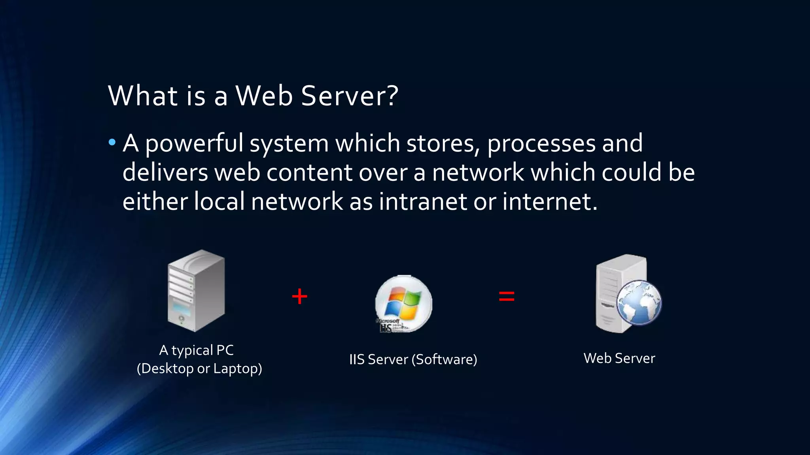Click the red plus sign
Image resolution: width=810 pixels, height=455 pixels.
click(x=299, y=296)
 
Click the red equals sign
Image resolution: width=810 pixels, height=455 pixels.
click(x=507, y=296)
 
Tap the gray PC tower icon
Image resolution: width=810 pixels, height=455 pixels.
click(x=196, y=291)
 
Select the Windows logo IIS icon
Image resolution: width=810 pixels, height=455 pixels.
click(x=403, y=303)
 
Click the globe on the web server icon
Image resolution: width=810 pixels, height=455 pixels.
click(x=639, y=302)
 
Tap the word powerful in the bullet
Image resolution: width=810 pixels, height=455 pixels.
click(x=194, y=143)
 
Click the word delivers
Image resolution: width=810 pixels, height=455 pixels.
click(x=165, y=173)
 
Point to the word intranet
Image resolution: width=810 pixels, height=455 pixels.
click(x=423, y=201)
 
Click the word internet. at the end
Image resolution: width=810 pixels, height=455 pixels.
click(x=550, y=201)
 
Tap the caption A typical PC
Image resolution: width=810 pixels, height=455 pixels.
click(x=197, y=350)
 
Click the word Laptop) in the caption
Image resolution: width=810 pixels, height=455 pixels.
click(x=238, y=369)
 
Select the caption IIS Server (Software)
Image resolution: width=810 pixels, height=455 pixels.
click(x=413, y=359)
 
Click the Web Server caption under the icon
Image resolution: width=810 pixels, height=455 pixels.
click(x=619, y=358)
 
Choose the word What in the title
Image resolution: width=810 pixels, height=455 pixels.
click(x=143, y=96)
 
